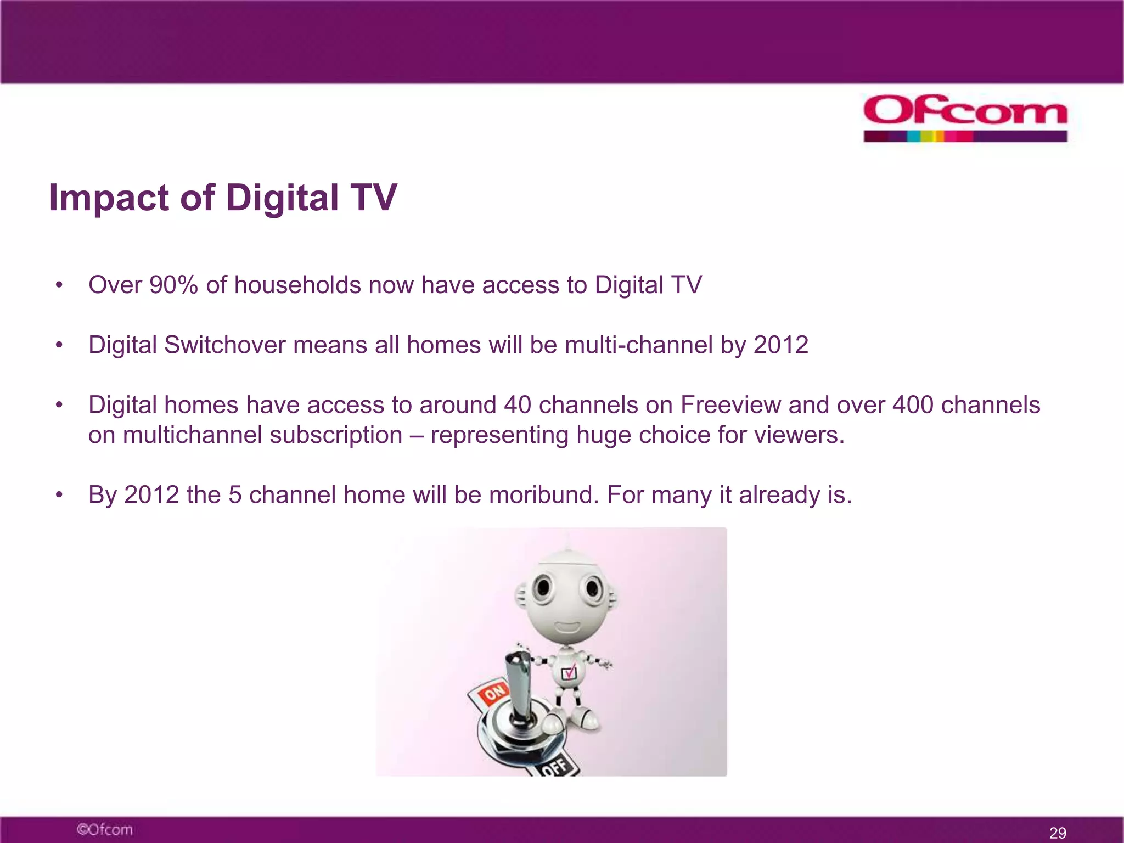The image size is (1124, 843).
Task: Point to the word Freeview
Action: [730, 405]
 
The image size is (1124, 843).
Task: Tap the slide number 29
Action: [1058, 833]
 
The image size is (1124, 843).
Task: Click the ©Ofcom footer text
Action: [105, 829]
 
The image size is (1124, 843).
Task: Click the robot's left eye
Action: [543, 588]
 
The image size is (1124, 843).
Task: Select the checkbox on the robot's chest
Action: [569, 673]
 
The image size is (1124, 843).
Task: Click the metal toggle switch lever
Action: [518, 686]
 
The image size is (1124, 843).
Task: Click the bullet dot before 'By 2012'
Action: [59, 495]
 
